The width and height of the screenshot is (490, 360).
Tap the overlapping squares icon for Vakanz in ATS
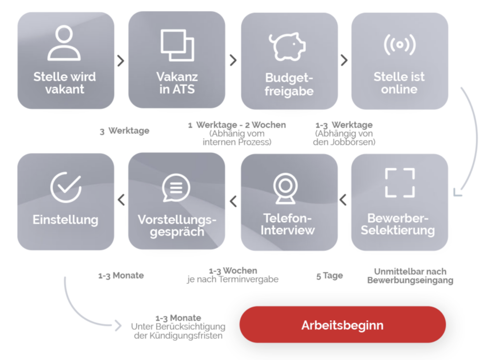pyautogui.click(x=177, y=45)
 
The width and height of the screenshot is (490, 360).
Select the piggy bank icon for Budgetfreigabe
pyautogui.click(x=287, y=46)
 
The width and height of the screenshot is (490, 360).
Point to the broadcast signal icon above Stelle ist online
pyautogui.click(x=400, y=45)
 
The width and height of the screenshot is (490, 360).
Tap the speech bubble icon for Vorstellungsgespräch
pyautogui.click(x=176, y=188)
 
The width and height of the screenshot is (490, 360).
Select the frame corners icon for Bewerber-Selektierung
pyautogui.click(x=400, y=183)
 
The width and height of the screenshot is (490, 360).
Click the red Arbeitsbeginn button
pyautogui.click(x=342, y=325)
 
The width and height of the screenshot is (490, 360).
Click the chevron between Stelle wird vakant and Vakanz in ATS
pyautogui.click(x=121, y=61)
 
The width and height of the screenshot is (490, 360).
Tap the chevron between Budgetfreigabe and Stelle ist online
pyautogui.click(x=344, y=60)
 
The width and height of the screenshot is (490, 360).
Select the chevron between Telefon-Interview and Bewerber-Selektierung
pyautogui.click(x=343, y=200)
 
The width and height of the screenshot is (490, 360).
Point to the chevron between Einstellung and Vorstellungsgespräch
pyautogui.click(x=121, y=200)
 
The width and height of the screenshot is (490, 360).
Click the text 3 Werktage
pyautogui.click(x=124, y=131)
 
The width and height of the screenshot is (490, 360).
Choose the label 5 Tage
pyautogui.click(x=330, y=276)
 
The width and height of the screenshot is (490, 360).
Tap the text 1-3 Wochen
pyautogui.click(x=233, y=270)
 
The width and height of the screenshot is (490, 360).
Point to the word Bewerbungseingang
pyautogui.click(x=410, y=280)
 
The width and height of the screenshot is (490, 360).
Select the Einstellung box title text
pyautogui.click(x=66, y=220)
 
